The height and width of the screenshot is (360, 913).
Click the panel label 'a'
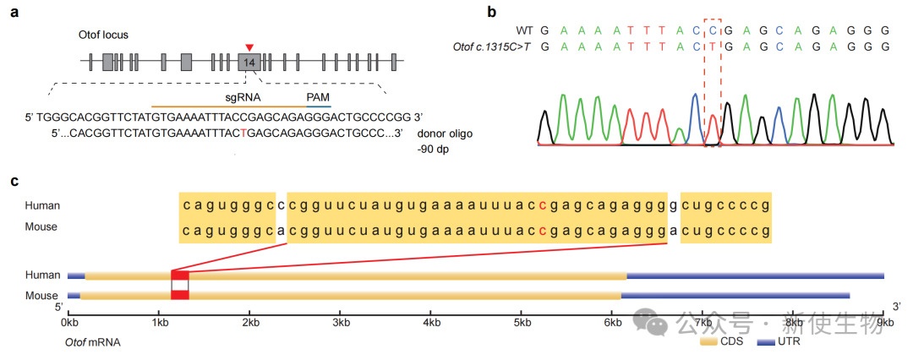14,14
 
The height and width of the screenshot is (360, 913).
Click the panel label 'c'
14,181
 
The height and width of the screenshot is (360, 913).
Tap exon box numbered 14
249,62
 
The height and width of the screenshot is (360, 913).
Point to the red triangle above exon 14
249,46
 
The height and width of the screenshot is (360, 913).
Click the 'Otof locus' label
100,35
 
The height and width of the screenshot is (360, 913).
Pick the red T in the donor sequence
244,134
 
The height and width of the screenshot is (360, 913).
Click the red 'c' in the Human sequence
542,205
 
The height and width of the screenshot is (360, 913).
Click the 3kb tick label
341,322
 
